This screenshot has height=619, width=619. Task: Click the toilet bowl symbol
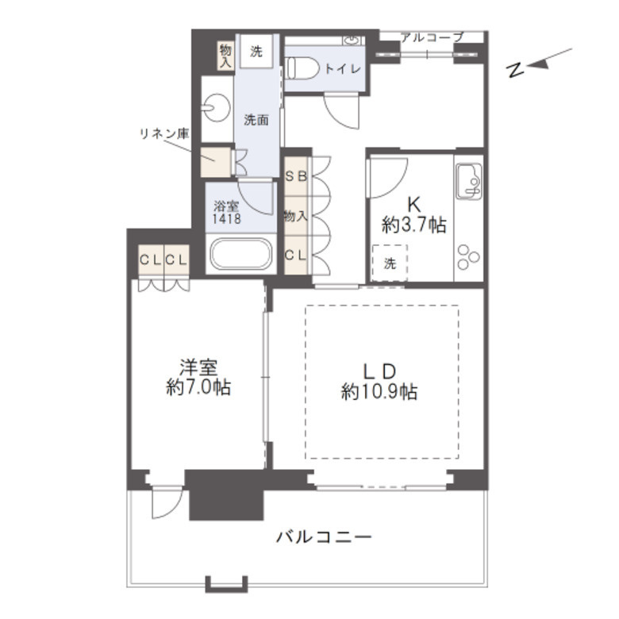point(302,69)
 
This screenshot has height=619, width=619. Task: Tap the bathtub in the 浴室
point(240,254)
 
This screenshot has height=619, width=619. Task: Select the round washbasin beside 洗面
point(216,107)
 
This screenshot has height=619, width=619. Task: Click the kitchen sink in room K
point(468,182)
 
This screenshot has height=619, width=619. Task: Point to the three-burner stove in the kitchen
point(468,257)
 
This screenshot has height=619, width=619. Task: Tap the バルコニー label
point(324,537)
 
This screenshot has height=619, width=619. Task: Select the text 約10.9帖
point(379,392)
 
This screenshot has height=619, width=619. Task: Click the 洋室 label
point(198,367)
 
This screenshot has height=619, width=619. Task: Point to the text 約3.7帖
point(413,225)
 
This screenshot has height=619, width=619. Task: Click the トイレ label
point(343,69)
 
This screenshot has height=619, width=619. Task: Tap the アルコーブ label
point(432,37)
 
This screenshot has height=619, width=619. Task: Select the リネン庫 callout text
point(164,134)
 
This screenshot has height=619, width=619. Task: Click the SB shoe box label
point(296,176)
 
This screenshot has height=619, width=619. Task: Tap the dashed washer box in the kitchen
point(390,263)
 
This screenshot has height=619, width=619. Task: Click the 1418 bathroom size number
point(227,219)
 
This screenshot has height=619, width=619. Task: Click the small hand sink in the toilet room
point(352,40)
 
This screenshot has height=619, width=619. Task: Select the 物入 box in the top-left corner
point(225,56)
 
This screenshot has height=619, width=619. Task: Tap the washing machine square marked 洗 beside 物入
point(256,52)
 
